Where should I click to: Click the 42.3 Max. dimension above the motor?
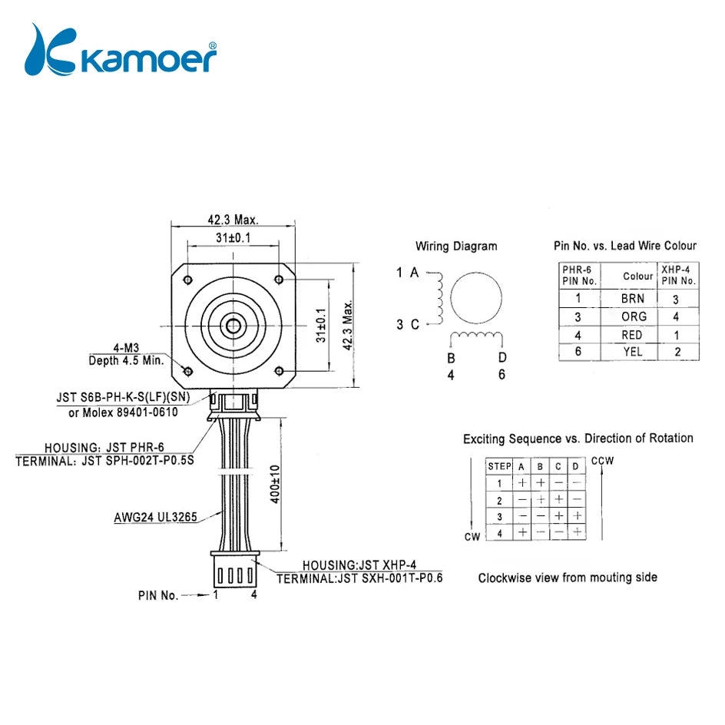[232, 219]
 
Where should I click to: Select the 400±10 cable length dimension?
[275, 484]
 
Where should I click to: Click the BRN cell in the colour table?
[633, 298]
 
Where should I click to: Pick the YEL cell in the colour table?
[633, 353]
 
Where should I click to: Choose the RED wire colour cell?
[633, 335]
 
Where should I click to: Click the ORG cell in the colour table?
[633, 316]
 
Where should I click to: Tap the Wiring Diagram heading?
[456, 247]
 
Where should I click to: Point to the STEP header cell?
[499, 466]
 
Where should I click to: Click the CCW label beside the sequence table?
[603, 461]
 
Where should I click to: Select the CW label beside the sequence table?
[472, 537]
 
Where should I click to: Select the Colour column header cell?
[637, 276]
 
